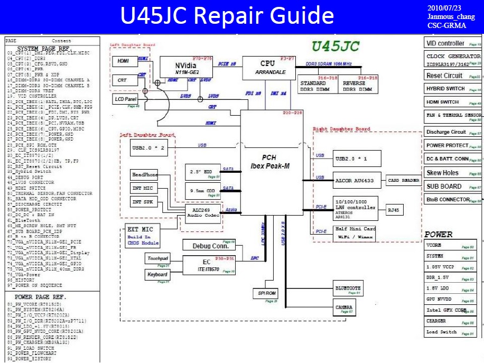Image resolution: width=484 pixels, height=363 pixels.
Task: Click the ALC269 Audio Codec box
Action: coord(203,213)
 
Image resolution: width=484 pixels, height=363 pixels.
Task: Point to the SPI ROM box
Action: coord(267,293)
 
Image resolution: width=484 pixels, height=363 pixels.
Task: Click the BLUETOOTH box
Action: coord(348,288)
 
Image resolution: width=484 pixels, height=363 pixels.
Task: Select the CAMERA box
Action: coord(343,307)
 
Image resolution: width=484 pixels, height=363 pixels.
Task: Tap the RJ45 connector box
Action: coord(394,210)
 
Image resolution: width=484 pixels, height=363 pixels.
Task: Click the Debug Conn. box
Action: coord(209,245)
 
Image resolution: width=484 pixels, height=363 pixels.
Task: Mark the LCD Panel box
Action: coord(125,99)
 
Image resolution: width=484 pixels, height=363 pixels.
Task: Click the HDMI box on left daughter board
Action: coord(124,61)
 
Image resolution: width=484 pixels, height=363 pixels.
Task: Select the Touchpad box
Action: coord(157,258)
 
